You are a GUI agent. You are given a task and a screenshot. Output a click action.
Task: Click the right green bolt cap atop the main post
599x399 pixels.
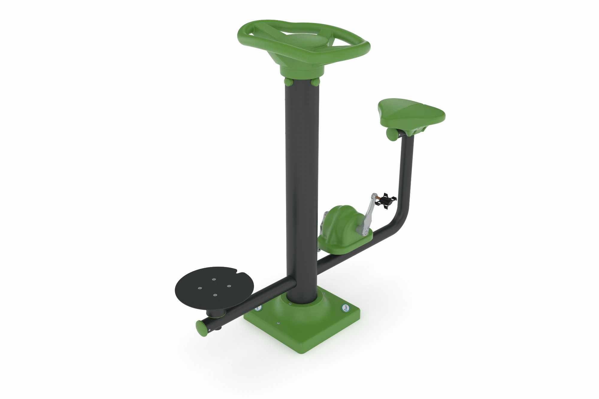(x=315, y=82)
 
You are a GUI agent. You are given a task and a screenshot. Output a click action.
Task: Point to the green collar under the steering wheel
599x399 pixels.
(x=302, y=70)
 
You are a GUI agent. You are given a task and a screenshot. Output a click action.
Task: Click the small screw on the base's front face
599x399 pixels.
(x=278, y=323)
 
